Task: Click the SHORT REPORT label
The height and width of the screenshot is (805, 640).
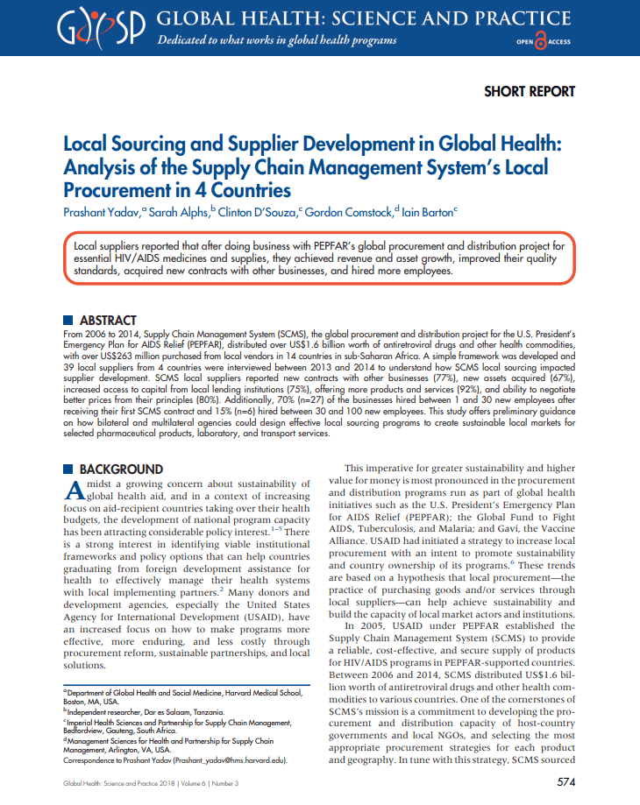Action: click(x=530, y=91)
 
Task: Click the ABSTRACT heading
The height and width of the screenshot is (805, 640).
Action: click(x=108, y=321)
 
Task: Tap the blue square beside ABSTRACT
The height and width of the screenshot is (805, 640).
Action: click(x=69, y=321)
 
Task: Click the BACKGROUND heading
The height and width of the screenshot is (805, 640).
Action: click(x=121, y=470)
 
